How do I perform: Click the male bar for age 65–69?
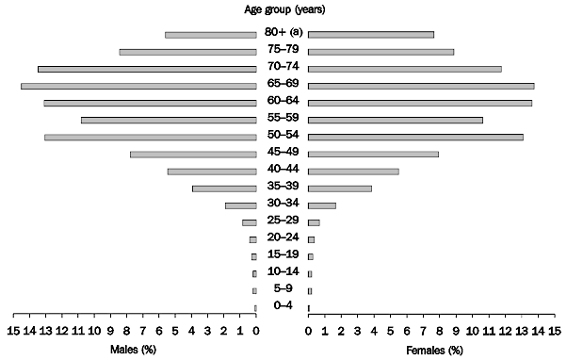point(138,86)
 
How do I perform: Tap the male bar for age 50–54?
point(150,138)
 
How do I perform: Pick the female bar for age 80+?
point(370,35)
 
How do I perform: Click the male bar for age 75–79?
point(187,52)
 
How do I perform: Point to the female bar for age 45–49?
point(373,155)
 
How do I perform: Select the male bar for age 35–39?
point(224,188)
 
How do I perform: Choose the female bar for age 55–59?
point(395,120)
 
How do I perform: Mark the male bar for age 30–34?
point(240,205)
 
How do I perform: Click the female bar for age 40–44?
point(353,172)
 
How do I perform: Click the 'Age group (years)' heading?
point(282,10)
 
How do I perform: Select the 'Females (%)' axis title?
point(434,350)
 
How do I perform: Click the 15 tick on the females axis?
point(554,331)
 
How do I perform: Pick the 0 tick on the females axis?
point(308,331)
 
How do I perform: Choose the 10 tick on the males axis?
point(94,331)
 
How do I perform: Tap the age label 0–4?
point(282,306)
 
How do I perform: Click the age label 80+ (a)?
point(282,34)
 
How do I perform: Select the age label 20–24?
point(282,238)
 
